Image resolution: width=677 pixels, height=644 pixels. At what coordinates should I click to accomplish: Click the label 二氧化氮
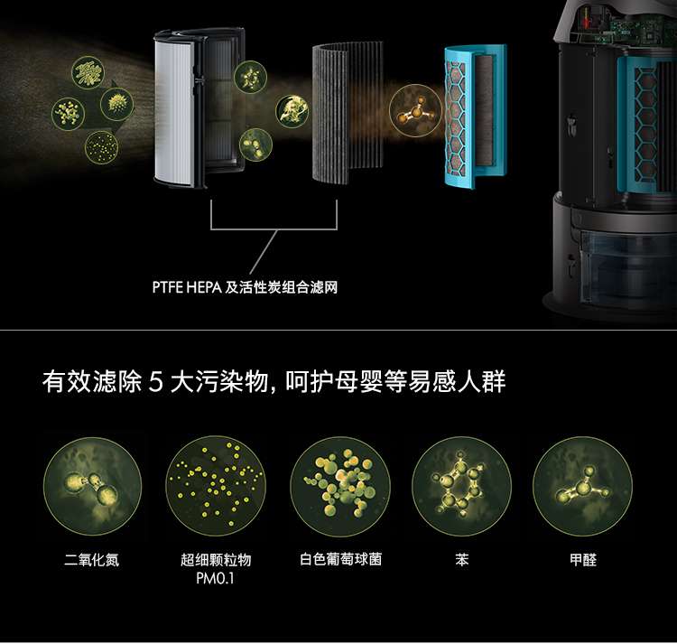point(91,560)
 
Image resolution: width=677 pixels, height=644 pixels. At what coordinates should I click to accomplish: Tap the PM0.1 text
point(215,578)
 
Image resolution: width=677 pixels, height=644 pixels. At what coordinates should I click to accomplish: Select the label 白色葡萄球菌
point(340,559)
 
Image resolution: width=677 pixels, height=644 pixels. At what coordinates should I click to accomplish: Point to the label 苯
point(461,560)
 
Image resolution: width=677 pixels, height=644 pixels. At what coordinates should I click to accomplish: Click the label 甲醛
point(583,560)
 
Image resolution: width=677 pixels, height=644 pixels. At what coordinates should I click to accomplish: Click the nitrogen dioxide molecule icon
point(92,486)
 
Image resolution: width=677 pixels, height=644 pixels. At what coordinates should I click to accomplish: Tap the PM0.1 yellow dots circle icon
point(216,486)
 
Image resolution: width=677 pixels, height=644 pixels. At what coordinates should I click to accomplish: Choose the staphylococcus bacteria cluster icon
point(340,486)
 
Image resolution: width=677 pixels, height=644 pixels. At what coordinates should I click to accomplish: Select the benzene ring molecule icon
point(461,486)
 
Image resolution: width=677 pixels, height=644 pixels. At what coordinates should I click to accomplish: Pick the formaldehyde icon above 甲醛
point(583,486)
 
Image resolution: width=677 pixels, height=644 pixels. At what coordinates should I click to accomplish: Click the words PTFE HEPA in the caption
point(187,287)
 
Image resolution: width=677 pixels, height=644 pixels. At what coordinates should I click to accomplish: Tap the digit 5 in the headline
point(155,382)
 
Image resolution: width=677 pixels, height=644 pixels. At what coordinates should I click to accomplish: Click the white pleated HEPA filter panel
point(173,109)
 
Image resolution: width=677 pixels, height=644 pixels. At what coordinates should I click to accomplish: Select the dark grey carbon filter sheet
point(348,112)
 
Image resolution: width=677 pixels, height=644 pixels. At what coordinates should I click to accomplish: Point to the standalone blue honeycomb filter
point(475,116)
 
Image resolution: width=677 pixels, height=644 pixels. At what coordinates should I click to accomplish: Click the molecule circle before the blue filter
point(416,111)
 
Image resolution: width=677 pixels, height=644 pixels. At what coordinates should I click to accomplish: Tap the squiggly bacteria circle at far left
point(88,73)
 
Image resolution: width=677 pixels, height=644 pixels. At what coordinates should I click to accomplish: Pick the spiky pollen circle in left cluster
point(117,104)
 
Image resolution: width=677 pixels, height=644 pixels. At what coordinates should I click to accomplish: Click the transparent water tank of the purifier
point(626,267)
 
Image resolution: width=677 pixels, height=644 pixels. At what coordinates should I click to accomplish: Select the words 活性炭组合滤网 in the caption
point(281,287)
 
